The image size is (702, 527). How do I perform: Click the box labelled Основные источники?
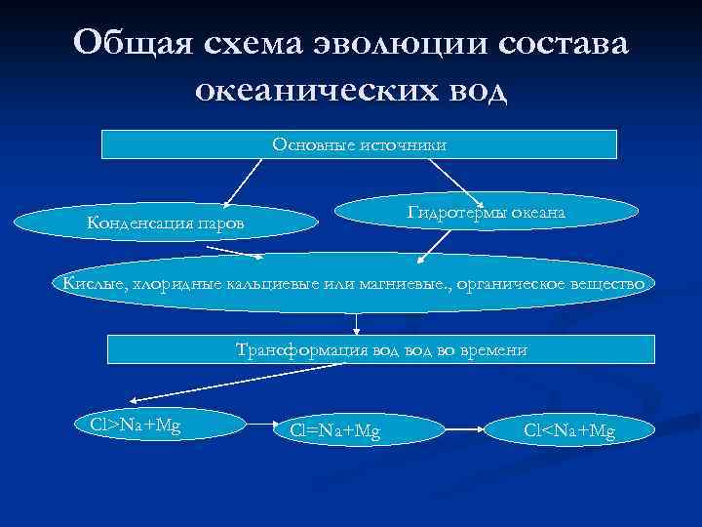[360, 144]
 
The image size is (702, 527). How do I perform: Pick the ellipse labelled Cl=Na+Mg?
[342, 428]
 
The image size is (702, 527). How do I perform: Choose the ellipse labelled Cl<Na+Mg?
[569, 429]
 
